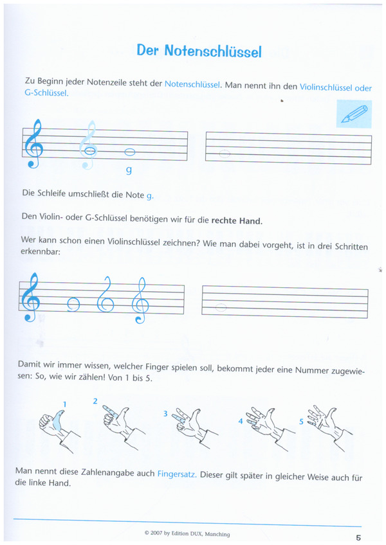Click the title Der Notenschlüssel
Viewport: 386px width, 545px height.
tap(199, 51)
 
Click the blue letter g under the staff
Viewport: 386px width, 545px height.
tap(129, 170)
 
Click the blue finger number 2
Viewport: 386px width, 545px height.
tap(95, 401)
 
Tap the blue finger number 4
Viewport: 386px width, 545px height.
tap(241, 422)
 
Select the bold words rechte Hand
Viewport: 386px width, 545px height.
tap(236, 220)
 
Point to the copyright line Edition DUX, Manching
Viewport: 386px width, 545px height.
tap(187, 533)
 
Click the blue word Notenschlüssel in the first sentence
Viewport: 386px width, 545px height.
tap(193, 84)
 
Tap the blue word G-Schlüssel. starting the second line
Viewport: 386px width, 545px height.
tap(46, 93)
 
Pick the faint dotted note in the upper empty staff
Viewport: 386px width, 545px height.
tap(224, 154)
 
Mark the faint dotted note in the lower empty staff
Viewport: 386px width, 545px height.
tap(221, 308)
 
